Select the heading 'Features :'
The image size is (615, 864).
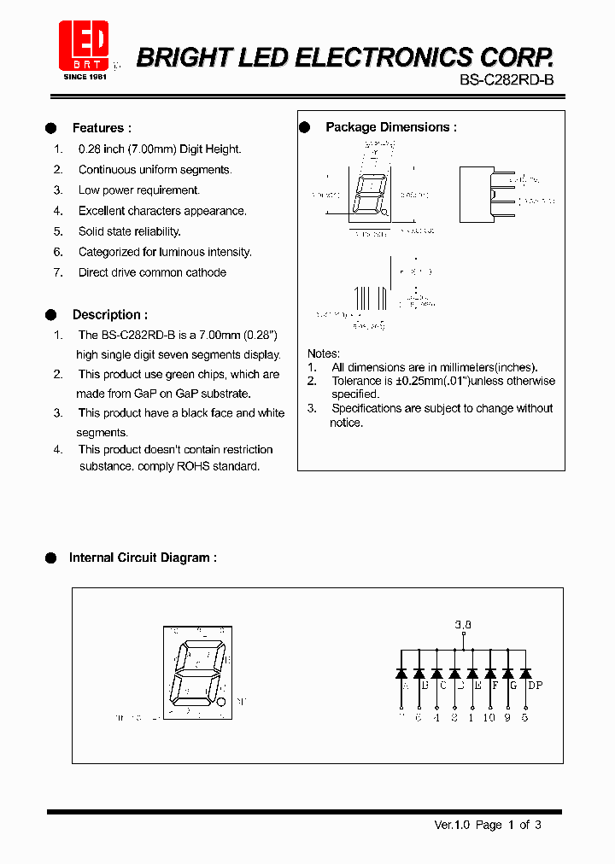pyautogui.click(x=102, y=128)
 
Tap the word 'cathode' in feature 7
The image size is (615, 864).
pyautogui.click(x=206, y=272)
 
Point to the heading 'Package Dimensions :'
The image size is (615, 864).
pyautogui.click(x=390, y=127)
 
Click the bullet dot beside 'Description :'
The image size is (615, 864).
pyautogui.click(x=50, y=315)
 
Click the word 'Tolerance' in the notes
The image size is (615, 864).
pyautogui.click(x=356, y=381)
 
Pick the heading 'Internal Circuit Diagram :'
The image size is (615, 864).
pyautogui.click(x=143, y=558)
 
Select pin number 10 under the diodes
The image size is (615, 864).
pyautogui.click(x=489, y=717)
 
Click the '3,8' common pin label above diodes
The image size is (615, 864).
pyautogui.click(x=463, y=625)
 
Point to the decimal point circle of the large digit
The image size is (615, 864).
pyautogui.click(x=222, y=702)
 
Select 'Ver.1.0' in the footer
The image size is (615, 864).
pyautogui.click(x=452, y=825)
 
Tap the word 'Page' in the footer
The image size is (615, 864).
pyautogui.click(x=489, y=825)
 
